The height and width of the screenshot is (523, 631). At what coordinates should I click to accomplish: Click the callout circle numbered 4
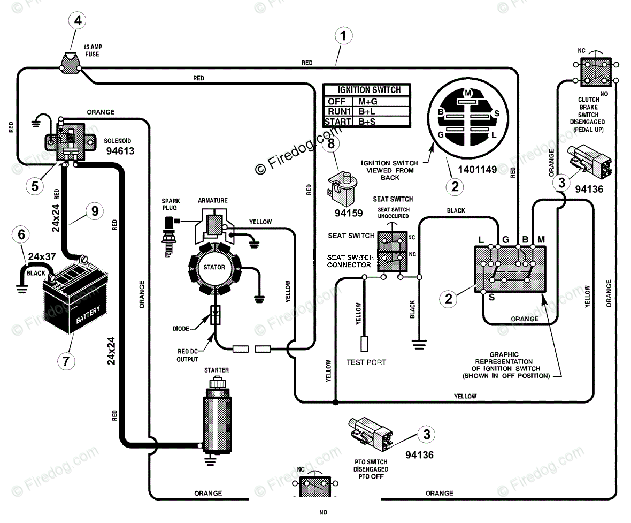[x=78, y=20]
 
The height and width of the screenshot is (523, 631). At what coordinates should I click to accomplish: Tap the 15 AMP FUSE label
[x=93, y=50]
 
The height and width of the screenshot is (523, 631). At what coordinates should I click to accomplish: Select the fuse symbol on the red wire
[x=71, y=63]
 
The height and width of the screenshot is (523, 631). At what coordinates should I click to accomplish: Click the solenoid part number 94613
[x=120, y=151]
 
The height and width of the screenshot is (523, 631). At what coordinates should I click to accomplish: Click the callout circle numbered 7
[x=66, y=361]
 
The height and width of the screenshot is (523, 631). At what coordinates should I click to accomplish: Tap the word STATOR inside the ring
[x=214, y=267]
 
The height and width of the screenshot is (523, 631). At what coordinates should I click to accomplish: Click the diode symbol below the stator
[x=216, y=315]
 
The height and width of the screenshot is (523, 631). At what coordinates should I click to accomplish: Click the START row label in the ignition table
[x=338, y=122]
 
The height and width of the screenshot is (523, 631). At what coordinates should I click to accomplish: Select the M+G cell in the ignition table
[x=368, y=102]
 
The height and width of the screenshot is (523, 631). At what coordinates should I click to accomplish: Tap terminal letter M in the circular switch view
[x=468, y=93]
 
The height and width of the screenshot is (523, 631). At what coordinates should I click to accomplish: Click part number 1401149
[x=478, y=170]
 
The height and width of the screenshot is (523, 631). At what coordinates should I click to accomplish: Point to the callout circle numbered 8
[x=331, y=143]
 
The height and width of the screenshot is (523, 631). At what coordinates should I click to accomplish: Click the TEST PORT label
[x=366, y=362]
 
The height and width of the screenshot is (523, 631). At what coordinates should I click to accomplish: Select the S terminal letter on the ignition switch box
[x=492, y=297]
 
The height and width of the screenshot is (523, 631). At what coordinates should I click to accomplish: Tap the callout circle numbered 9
[x=95, y=211]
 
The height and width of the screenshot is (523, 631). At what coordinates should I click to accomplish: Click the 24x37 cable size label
[x=42, y=256]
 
